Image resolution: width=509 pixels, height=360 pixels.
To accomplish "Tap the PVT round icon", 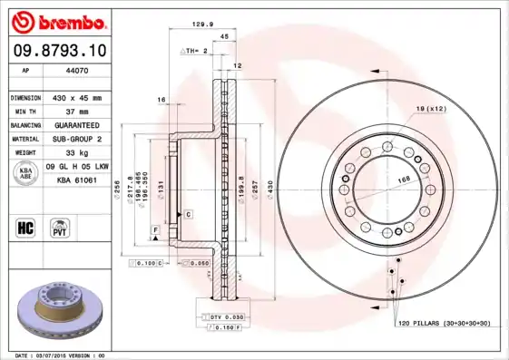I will pyautogui.click(x=59, y=226).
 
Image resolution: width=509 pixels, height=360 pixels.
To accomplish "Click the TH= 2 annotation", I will pyautogui.click(x=194, y=52).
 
